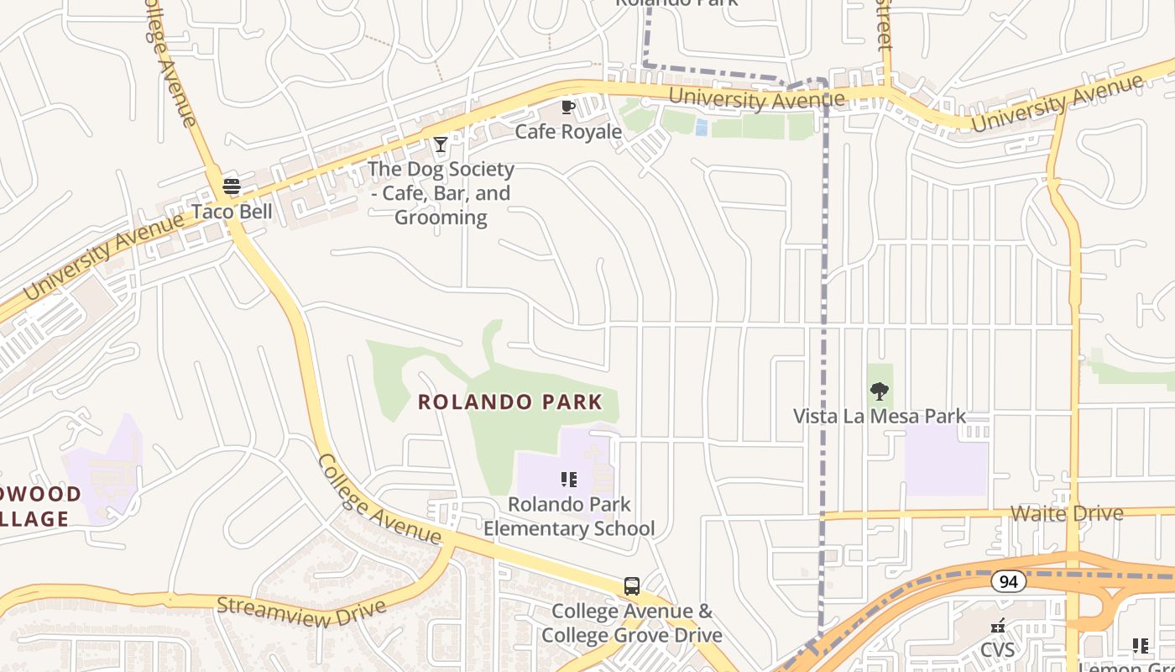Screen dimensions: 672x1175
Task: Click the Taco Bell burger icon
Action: click(x=232, y=186)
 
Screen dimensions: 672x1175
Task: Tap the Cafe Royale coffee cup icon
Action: click(x=568, y=107)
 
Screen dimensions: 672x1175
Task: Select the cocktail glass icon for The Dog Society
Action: click(x=440, y=144)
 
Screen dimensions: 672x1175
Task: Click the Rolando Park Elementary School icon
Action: click(x=569, y=480)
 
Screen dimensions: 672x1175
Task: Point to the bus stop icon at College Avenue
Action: click(x=632, y=586)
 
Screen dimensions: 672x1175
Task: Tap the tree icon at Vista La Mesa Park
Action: click(x=880, y=391)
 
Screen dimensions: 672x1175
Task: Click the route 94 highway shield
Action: click(x=1008, y=580)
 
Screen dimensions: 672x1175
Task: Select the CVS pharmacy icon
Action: click(x=998, y=626)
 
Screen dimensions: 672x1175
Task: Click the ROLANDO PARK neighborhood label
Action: click(x=510, y=402)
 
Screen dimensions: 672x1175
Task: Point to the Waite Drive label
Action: click(x=1067, y=513)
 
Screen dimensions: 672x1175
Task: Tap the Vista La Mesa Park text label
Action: click(x=880, y=416)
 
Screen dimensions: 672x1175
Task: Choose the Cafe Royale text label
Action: click(x=568, y=132)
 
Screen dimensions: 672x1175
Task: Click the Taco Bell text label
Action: click(x=232, y=211)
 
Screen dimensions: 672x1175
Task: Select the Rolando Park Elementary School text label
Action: click(x=569, y=517)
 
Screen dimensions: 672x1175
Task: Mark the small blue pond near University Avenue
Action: click(x=701, y=127)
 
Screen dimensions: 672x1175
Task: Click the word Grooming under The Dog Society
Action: click(x=441, y=218)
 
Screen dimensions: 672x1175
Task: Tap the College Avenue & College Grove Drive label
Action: click(x=632, y=622)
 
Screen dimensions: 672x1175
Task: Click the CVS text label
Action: click(x=998, y=650)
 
